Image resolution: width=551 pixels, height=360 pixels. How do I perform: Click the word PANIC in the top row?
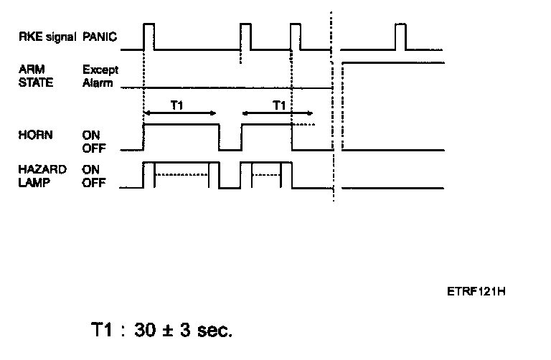(x=100, y=35)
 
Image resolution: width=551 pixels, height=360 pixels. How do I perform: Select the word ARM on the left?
(x=29, y=70)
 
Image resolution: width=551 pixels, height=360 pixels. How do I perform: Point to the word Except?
(x=100, y=70)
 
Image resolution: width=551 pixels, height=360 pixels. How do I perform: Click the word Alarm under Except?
(x=98, y=82)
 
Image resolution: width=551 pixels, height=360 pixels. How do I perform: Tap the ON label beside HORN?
(x=91, y=134)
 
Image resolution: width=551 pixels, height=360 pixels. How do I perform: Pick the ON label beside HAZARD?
(x=91, y=169)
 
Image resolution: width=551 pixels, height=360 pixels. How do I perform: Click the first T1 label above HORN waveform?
(x=179, y=105)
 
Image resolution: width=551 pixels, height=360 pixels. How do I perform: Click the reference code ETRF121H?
(x=476, y=291)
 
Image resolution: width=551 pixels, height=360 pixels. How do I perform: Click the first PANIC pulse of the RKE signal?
(x=149, y=37)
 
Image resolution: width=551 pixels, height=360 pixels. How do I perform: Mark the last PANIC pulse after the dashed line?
(x=400, y=37)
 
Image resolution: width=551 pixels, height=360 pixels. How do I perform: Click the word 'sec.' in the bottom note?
(x=213, y=331)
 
